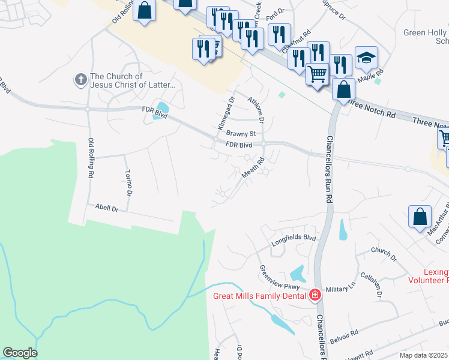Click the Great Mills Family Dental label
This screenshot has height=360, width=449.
pos(261,295)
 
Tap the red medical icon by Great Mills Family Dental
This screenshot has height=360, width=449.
pos(315,295)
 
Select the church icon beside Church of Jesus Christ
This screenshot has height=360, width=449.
pos(80,79)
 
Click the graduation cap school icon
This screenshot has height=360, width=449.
pos(366,58)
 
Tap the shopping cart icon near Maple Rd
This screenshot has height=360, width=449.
pos(318,74)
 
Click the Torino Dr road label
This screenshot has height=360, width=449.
pos(128,182)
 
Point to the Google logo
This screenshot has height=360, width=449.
pos(19,353)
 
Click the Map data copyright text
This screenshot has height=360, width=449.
pos(423,355)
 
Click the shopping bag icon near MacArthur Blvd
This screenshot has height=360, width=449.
pos(420,217)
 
